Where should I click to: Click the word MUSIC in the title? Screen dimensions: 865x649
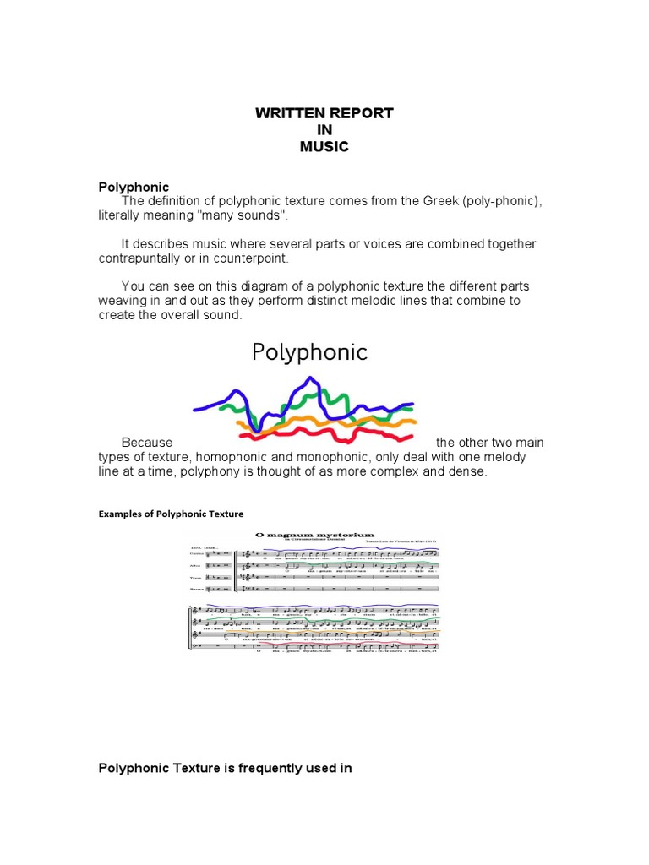coord(324,146)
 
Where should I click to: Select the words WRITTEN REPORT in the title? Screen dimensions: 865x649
coord(324,113)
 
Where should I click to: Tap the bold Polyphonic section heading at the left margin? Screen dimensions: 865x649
coord(134,187)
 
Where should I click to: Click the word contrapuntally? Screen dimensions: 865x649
coord(145,258)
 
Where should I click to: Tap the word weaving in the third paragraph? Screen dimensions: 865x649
coord(127,302)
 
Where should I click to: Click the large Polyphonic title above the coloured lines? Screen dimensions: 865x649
coord(309,351)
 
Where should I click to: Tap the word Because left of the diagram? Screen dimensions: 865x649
coord(147,443)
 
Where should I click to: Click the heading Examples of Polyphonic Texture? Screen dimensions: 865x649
coord(171,514)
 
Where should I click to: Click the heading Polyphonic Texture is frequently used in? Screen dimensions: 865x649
coord(225,768)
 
